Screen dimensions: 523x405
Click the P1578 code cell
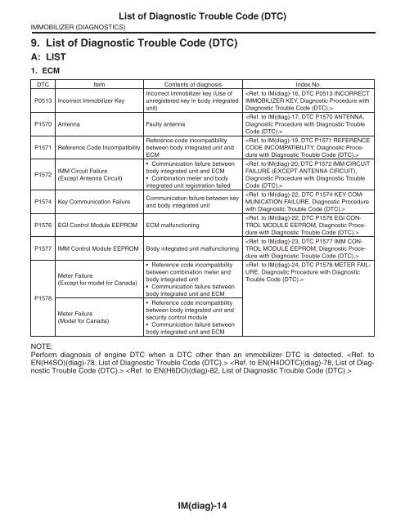pyautogui.click(x=41, y=301)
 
